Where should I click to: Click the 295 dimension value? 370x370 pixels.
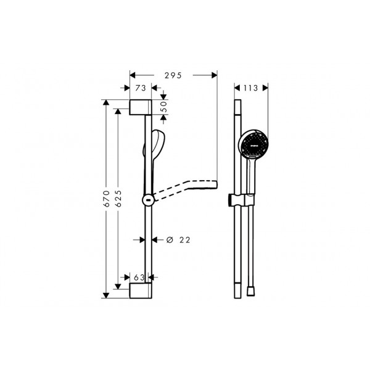[173, 75]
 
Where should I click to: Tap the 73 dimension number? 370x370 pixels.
[141, 88]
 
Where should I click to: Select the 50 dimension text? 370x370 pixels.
[164, 107]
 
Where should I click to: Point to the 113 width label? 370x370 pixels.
[250, 88]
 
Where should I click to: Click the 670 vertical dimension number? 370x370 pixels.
[107, 199]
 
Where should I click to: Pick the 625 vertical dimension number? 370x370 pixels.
[118, 199]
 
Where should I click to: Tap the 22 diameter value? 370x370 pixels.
[185, 240]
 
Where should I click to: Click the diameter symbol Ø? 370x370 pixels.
[170, 240]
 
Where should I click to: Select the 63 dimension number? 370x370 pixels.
[139, 277]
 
